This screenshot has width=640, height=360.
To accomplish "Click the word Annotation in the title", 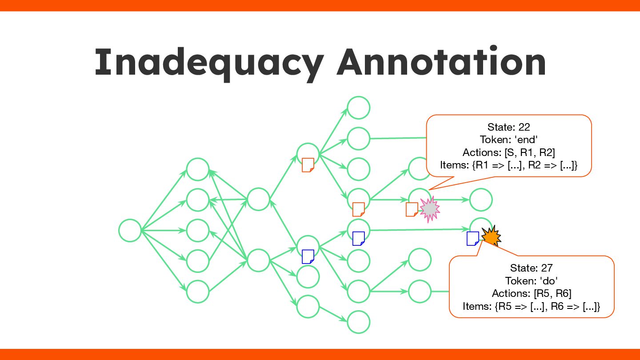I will pos(441,63).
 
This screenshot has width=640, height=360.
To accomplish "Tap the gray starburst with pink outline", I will pos(429,210).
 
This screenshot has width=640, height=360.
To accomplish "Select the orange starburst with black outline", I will pos(491,236).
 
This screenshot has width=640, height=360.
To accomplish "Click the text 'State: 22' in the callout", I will pos(508,127).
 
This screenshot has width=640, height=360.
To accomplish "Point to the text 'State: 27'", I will pos(531,268).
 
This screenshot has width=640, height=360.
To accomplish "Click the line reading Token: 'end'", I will pos(508,140).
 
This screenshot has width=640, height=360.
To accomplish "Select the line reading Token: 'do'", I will pos(531,281).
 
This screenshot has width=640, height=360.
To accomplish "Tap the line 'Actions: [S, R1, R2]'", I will pos(508,152).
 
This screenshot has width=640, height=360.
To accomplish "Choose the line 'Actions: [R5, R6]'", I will pos(531,293).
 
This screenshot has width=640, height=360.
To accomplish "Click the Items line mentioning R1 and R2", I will pos(508,165).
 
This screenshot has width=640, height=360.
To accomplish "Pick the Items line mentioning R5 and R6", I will pos(531,306).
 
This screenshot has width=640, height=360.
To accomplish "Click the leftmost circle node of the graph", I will pos(130,231).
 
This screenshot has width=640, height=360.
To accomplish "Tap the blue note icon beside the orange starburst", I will pos(472,238).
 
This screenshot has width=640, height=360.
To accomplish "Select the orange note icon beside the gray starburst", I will pos(412,209).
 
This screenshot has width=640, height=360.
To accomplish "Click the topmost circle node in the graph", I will pos(358,108).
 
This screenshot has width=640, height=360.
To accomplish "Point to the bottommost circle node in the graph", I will pos(358,322).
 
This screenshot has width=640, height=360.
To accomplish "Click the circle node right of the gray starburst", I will pos(480,200).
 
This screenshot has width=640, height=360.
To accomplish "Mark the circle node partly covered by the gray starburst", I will pos(419,198).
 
